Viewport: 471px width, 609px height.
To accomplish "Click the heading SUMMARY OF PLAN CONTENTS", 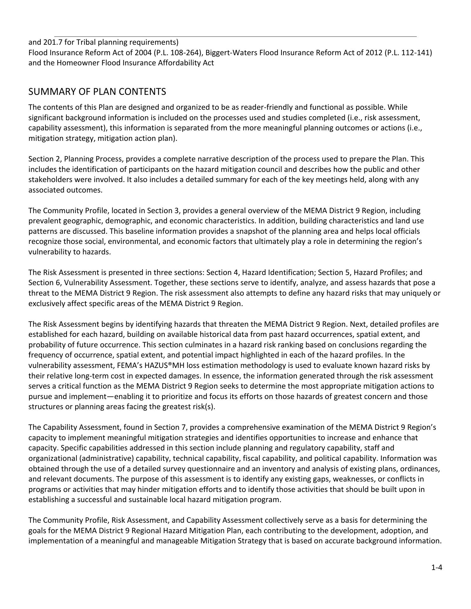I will click(x=97, y=92).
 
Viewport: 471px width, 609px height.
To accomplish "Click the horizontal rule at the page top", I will click(x=235, y=36).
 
